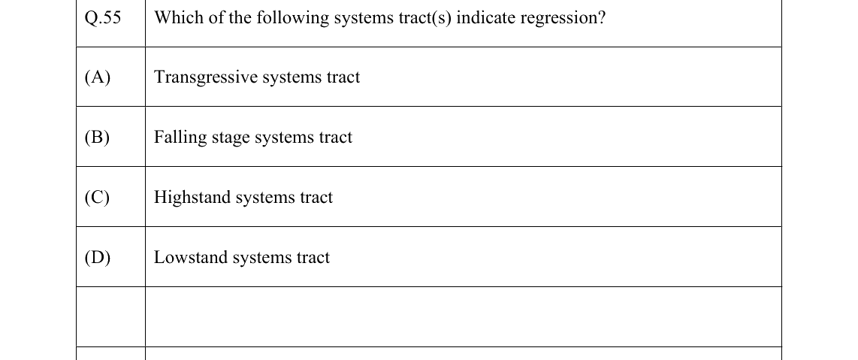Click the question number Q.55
[103, 18]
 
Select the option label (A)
[98, 77]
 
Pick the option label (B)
[98, 138]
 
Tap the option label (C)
[98, 198]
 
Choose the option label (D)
[98, 258]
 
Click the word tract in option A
[343, 77]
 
